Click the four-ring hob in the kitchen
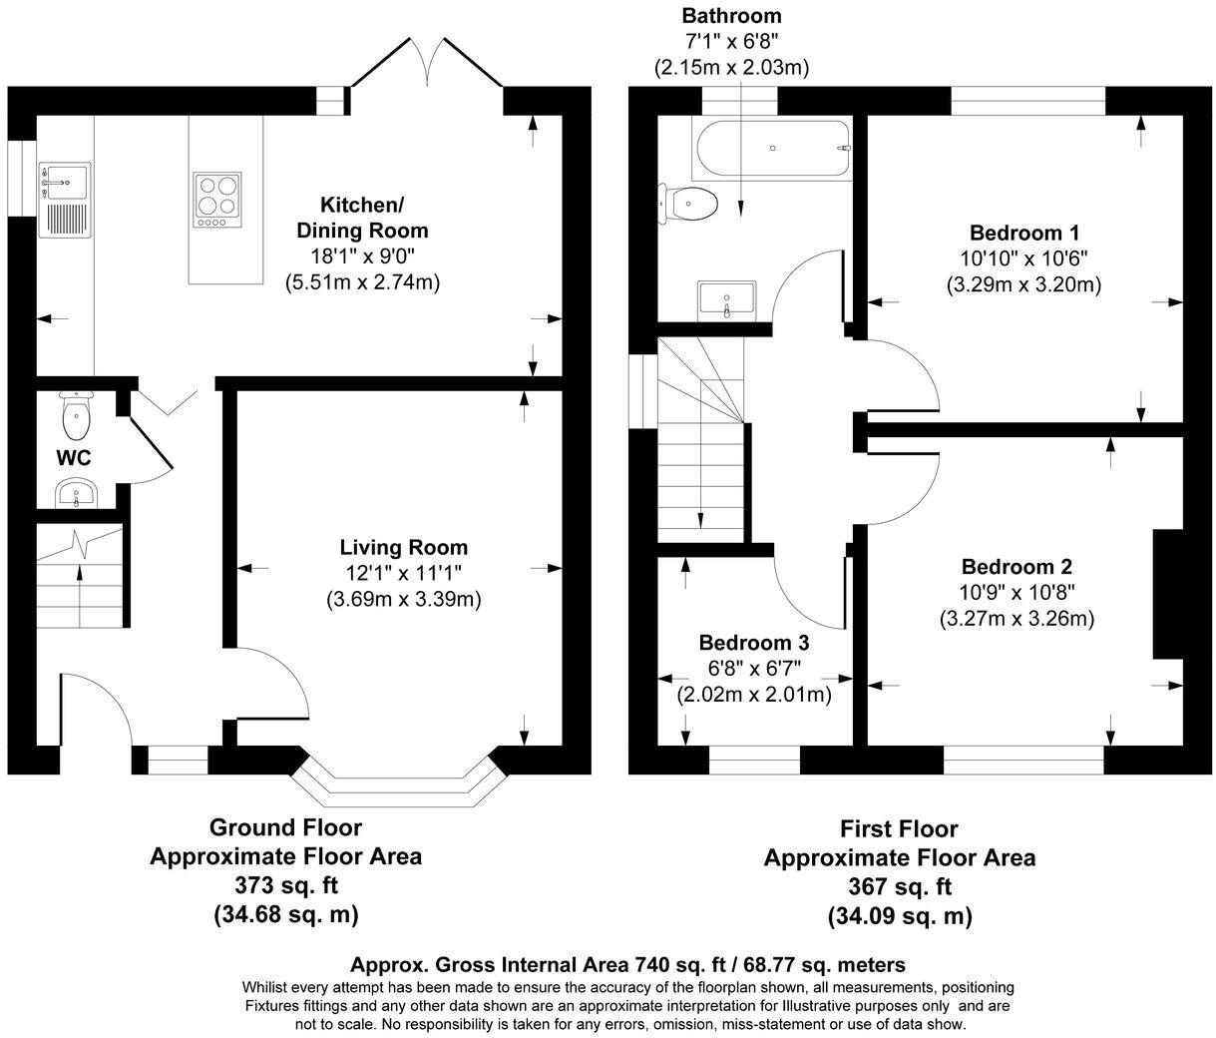(217, 201)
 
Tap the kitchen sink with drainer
(65, 201)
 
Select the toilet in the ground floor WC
(75, 416)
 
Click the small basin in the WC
(77, 493)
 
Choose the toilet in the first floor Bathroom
(687, 204)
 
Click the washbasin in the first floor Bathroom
(727, 300)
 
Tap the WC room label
(74, 458)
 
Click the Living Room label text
(404, 548)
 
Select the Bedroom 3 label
(753, 643)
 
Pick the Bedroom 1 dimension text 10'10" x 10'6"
(1023, 259)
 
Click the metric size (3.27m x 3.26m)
(1016, 619)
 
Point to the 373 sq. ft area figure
(286, 885)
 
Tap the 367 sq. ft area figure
(900, 886)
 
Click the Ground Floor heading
(286, 827)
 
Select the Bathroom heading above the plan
(732, 16)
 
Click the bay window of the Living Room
(399, 783)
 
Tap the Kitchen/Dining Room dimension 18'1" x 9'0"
(362, 257)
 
